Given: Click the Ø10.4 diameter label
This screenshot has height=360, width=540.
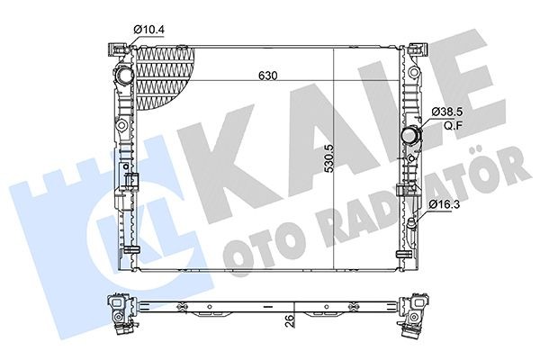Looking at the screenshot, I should click(149, 29).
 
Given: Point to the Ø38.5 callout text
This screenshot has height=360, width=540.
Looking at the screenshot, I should click(446, 112).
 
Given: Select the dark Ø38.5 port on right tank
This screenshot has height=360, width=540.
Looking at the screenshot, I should click(411, 137).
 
